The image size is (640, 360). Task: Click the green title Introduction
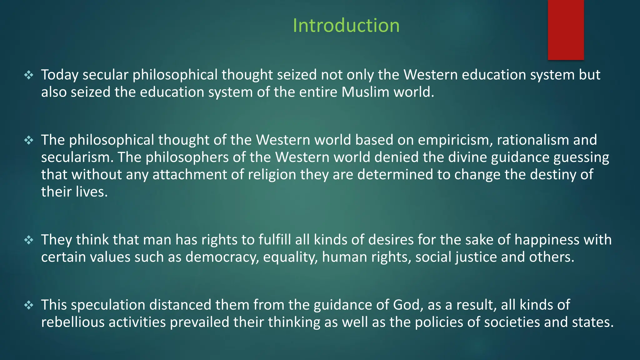tap(346, 25)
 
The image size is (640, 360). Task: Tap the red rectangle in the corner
tap(566, 30)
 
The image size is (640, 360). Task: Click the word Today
tap(60, 75)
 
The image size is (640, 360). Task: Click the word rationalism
tap(533, 140)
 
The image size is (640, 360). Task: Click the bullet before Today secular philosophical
tap(29, 75)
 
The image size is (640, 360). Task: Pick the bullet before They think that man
tap(29, 240)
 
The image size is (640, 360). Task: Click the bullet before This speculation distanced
tap(29, 305)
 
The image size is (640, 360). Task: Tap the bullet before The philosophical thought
tap(29, 140)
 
